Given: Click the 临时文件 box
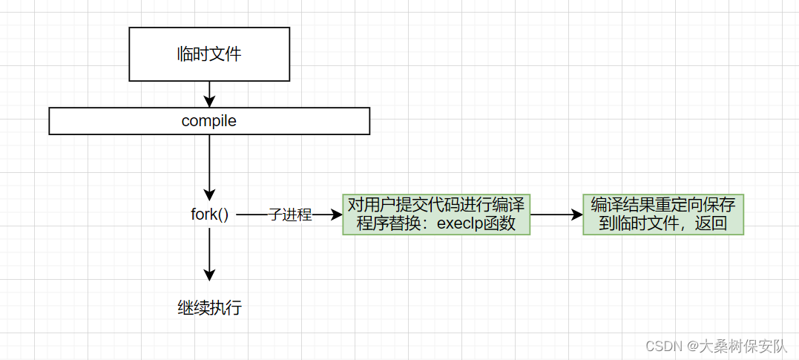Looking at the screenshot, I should [208, 54].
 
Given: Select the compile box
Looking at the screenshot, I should [208, 121].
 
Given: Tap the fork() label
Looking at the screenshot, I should [209, 215].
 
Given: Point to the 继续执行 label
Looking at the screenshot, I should [209, 307].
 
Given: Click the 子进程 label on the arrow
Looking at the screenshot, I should [290, 215].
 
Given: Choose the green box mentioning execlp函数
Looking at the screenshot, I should [436, 215].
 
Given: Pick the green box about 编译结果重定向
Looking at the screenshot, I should [663, 215].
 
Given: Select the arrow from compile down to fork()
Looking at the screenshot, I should [209, 167].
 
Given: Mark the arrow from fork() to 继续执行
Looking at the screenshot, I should [209, 254].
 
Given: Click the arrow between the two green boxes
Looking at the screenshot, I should [556, 215].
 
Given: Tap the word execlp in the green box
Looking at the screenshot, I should [460, 224].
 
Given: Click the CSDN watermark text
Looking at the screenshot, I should [663, 347].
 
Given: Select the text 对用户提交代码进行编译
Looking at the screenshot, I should [436, 206].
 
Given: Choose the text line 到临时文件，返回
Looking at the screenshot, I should [663, 224].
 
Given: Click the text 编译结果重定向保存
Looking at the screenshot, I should [663, 206].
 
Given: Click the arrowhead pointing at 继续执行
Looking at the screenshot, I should [209, 275].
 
